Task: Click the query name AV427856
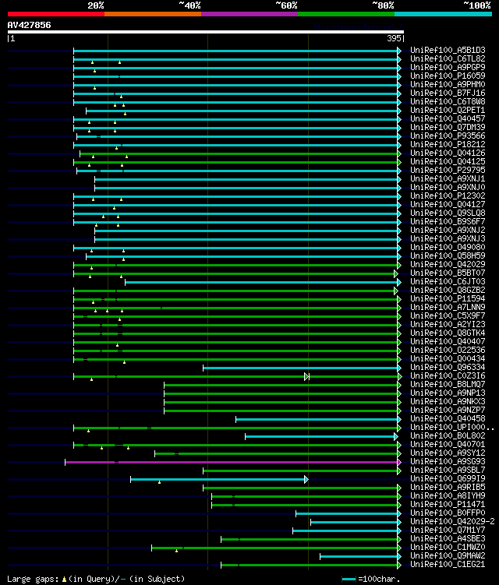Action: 30,25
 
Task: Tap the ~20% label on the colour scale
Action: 96,5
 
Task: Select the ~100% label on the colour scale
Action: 477,5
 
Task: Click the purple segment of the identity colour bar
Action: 249,14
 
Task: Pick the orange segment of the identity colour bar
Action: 153,14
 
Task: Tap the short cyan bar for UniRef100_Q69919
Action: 218,479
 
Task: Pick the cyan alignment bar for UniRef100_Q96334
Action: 300,367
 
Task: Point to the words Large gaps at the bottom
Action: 30,579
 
